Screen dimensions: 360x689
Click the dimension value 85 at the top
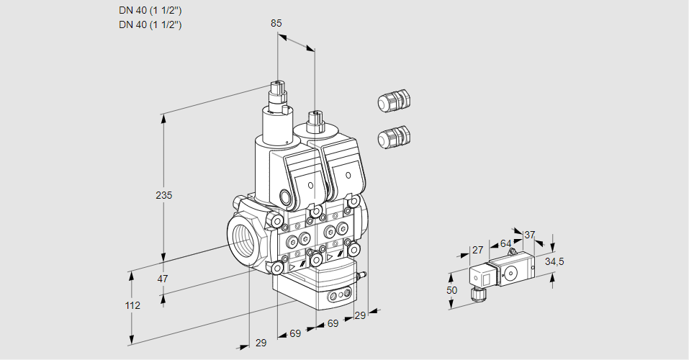276,23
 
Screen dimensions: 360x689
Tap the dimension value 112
132,305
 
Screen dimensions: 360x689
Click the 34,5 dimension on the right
554,261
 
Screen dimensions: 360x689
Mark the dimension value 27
477,250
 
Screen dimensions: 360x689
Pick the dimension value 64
505,244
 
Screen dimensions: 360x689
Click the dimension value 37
530,235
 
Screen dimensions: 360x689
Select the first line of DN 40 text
150,10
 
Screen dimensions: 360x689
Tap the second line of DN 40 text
150,24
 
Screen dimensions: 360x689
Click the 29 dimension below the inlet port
261,343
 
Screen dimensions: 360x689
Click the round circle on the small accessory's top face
511,273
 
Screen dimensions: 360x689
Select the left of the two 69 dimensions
295,335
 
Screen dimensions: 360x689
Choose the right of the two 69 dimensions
333,324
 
